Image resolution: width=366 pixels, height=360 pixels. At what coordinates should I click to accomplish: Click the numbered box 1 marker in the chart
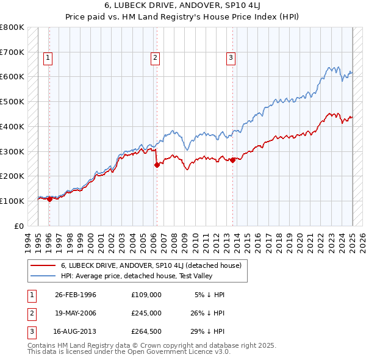48,58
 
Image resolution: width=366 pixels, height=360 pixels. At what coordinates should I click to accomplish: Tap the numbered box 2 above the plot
156,58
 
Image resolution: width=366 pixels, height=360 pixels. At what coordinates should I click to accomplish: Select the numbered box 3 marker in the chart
231,58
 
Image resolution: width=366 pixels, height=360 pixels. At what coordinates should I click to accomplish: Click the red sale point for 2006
157,164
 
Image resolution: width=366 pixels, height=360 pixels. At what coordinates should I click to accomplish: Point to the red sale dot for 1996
49,199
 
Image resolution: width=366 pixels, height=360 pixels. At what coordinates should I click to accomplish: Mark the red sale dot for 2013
233,160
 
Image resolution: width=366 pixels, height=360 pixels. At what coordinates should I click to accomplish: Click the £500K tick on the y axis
12,102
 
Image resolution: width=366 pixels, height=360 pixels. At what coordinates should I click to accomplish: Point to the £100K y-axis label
12,201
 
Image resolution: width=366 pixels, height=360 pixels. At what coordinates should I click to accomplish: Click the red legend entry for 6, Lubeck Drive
151,265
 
